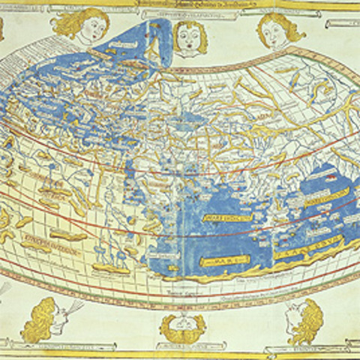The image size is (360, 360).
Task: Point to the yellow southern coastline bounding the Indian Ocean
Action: [x=247, y=274]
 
